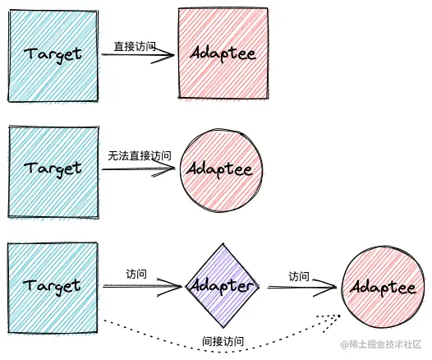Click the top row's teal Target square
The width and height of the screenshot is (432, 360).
click(53, 53)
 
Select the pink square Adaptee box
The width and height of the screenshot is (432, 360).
click(223, 53)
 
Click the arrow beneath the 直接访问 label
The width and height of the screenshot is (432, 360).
click(138, 56)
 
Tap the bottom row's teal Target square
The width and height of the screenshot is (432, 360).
click(53, 284)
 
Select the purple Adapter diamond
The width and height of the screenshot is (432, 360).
click(221, 285)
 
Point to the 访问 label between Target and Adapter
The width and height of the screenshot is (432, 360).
click(136, 274)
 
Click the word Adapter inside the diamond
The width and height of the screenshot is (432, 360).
click(221, 286)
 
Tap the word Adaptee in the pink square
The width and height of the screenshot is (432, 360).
click(223, 53)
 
